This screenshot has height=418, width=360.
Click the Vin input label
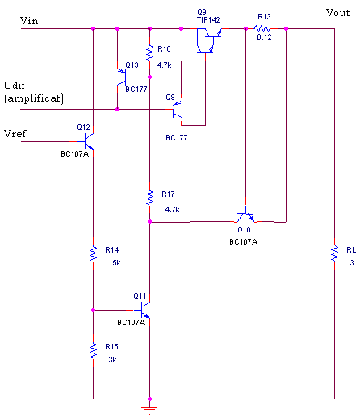29,21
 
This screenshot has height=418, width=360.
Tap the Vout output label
337,13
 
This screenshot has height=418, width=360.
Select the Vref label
15,133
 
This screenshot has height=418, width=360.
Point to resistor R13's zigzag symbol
262,28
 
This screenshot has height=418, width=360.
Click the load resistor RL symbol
335,253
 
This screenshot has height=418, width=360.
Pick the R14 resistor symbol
93,253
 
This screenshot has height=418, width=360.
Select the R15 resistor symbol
93,350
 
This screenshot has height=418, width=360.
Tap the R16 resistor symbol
149,52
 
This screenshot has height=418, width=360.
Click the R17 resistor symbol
149,198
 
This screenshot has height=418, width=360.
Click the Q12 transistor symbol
86,141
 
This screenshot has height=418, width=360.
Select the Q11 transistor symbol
142,310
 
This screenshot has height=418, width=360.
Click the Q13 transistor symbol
122,77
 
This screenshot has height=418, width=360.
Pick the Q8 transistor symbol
178,110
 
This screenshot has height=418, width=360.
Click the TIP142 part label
208,20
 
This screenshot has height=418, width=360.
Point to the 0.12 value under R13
264,37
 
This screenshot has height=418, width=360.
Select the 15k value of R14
115,263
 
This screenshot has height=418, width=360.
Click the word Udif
15,86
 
